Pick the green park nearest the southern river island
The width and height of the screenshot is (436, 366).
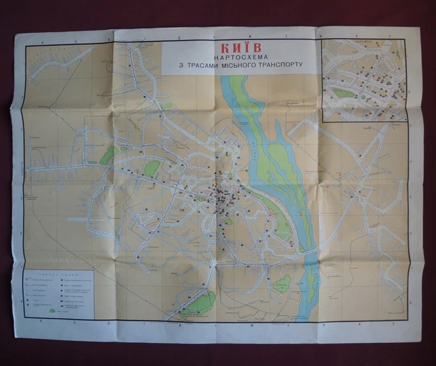(281, 284)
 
